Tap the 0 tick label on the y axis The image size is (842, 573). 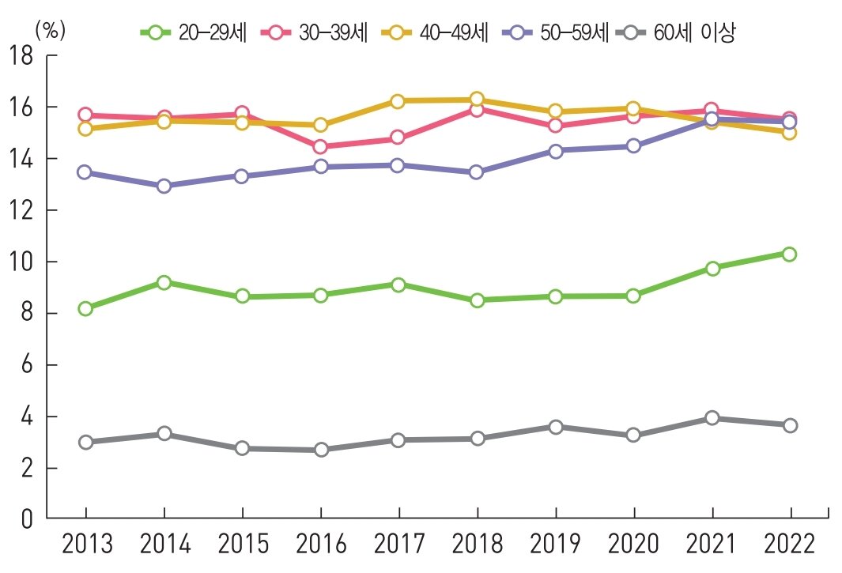(28, 520)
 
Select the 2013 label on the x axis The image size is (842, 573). (85, 545)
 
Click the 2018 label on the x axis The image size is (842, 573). (477, 545)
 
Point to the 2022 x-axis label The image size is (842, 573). (789, 545)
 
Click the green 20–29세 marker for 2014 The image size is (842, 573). (164, 282)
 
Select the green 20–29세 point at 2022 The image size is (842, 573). (789, 254)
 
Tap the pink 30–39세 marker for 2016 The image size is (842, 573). (320, 146)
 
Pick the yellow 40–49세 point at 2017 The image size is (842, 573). (398, 101)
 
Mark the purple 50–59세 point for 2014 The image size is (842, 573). (164, 186)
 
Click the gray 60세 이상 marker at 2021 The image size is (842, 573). (712, 418)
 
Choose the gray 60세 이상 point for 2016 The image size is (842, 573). (320, 450)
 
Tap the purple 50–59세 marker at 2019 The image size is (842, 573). (555, 151)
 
